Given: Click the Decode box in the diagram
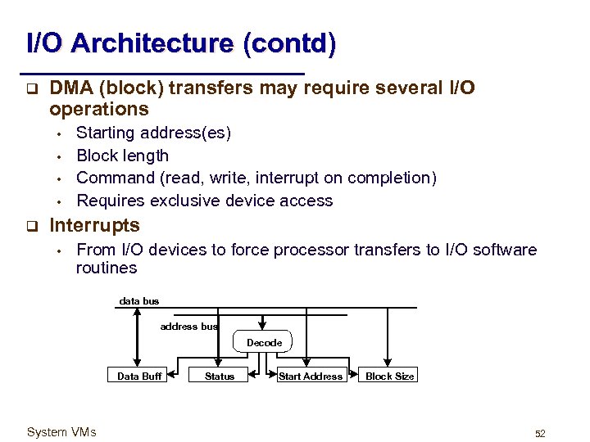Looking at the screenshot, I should (x=264, y=342).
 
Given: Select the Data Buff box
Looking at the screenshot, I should (x=139, y=376).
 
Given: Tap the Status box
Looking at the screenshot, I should (x=219, y=376).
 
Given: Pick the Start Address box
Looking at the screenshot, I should (x=311, y=376).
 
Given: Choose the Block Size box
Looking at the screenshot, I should (x=390, y=376).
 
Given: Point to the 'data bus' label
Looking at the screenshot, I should (x=139, y=301).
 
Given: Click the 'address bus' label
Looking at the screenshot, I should (x=189, y=326).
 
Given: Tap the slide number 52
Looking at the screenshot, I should (x=540, y=433).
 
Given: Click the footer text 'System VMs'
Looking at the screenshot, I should (x=61, y=432).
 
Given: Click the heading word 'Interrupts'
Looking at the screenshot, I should (x=95, y=225).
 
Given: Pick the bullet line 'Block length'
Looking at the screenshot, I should (x=122, y=156).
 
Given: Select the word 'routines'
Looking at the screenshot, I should (x=106, y=268).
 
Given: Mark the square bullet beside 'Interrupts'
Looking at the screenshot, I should (x=30, y=225).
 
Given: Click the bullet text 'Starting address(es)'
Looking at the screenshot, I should (x=153, y=133).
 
